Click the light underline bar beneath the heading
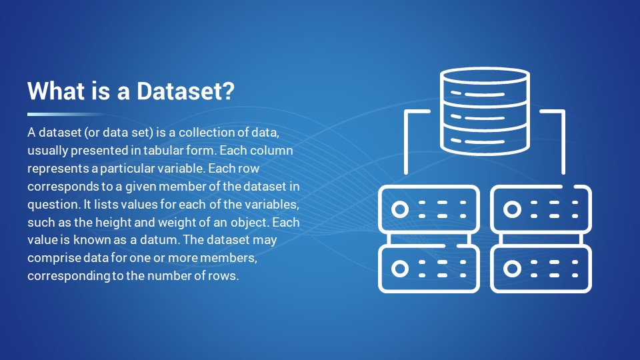coord(65,114)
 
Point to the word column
coord(271,150)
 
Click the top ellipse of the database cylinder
coord(485,76)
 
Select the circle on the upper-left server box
coord(400,209)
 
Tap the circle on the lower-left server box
coord(400,269)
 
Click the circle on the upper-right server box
coord(512,209)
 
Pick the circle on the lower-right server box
coord(512,269)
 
